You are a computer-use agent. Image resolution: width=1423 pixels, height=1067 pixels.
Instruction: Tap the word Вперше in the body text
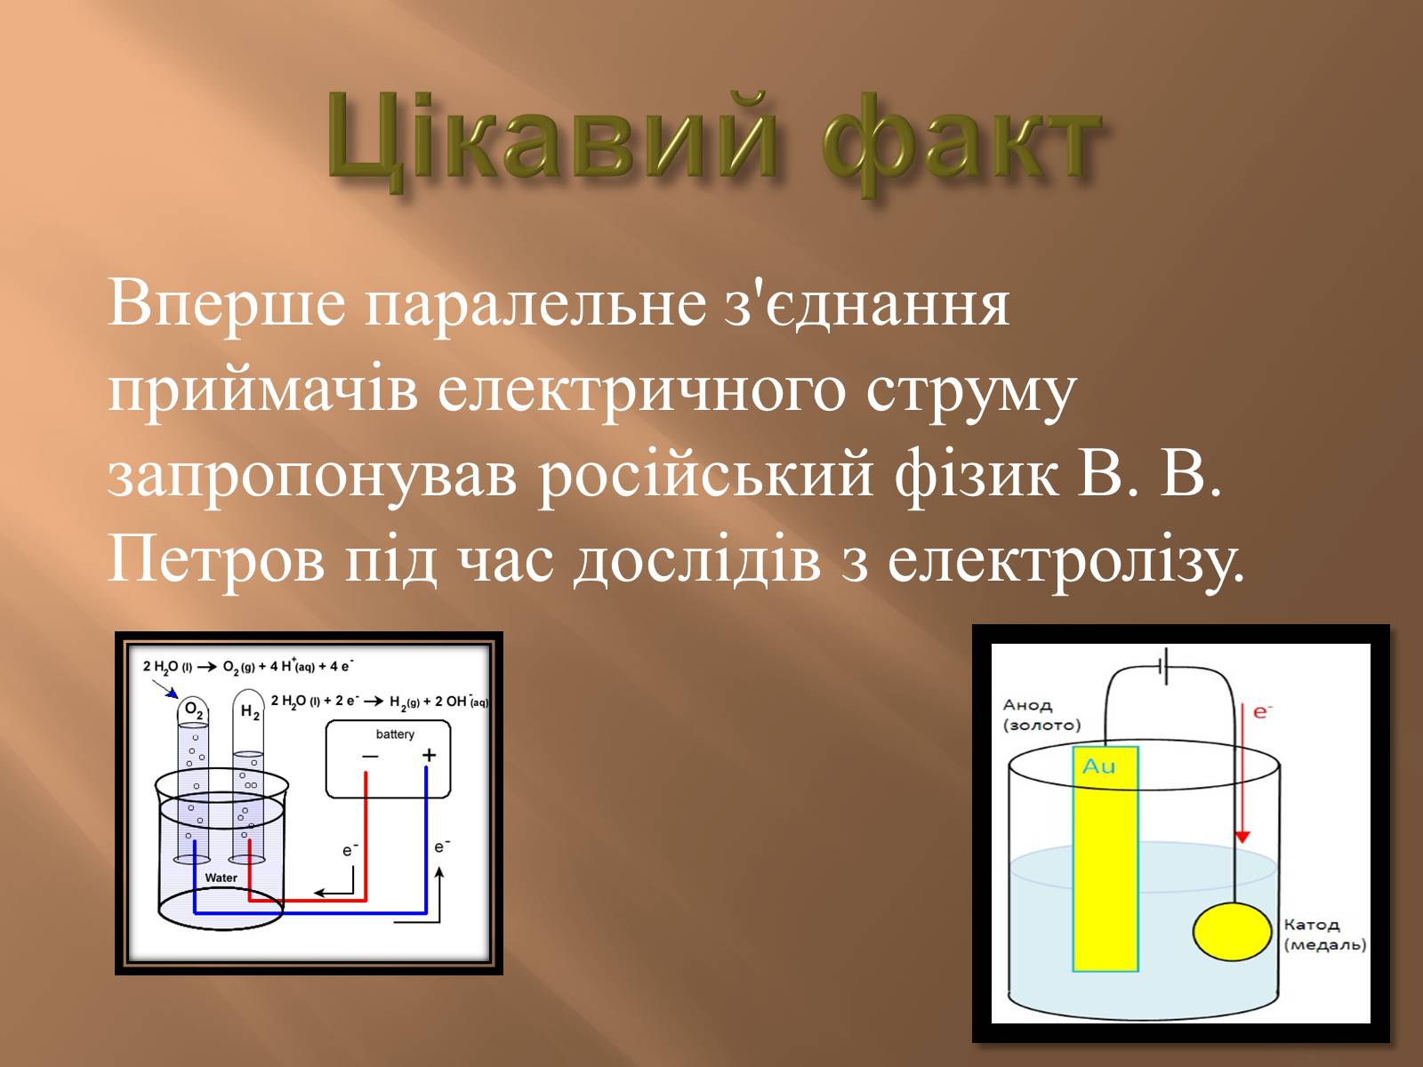tap(227, 305)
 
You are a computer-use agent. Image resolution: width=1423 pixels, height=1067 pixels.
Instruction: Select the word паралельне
tap(535, 305)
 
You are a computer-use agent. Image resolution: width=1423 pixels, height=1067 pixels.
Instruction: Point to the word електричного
tap(642, 391)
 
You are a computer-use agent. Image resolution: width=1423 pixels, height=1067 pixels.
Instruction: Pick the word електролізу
tap(1065, 560)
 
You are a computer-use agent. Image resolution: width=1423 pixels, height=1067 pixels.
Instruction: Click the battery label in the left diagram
tap(395, 734)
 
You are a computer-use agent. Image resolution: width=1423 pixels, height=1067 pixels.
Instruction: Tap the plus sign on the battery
tap(430, 755)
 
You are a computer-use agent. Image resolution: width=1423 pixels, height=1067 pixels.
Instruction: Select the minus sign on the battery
tap(370, 756)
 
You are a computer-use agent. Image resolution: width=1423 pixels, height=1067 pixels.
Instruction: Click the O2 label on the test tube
tap(194, 710)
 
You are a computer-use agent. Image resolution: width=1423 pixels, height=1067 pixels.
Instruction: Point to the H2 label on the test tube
tap(250, 712)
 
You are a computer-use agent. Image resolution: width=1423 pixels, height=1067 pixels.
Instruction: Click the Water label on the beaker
tap(221, 878)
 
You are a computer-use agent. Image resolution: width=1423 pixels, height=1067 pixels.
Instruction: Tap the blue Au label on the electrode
tap(1099, 766)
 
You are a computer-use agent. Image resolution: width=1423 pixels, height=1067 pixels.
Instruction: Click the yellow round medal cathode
tap(1232, 931)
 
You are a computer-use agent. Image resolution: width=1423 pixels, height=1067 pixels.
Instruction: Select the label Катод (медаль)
tap(1324, 935)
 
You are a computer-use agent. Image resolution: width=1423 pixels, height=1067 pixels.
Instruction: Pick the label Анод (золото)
tap(1041, 715)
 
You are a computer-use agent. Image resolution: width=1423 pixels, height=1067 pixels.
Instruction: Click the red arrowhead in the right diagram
tap(1242, 837)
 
